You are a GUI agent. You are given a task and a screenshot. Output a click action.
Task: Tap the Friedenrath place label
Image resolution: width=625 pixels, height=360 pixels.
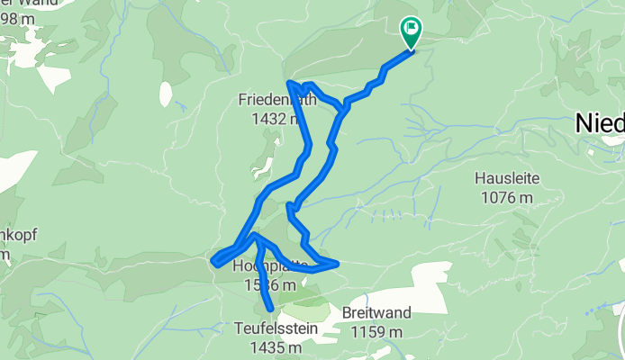tap(276, 100)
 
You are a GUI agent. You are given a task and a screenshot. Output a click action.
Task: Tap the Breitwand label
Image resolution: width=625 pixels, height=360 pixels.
tap(376, 313)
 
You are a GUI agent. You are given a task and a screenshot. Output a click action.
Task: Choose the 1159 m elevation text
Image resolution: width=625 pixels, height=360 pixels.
tap(376, 332)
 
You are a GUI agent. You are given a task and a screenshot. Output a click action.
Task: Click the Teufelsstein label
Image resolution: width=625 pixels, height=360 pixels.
tap(276, 328)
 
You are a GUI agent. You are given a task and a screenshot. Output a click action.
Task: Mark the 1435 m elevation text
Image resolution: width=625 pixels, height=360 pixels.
tap(276, 347)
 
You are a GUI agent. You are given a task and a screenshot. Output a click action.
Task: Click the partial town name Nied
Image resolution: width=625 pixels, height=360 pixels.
tap(601, 124)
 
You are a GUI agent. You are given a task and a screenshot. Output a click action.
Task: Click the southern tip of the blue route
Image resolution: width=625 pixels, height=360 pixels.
tap(269, 311)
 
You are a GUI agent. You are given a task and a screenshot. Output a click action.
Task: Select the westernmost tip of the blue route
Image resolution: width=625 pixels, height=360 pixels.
tap(214, 261)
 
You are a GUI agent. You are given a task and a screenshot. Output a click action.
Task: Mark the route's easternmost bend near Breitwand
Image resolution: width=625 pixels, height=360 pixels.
tap(337, 263)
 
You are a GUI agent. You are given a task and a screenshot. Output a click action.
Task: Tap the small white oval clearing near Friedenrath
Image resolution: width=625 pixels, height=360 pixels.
tap(166, 93)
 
